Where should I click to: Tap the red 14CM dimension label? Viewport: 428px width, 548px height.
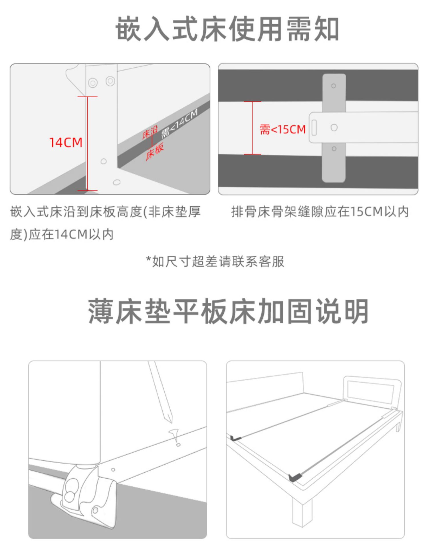tap(66, 142)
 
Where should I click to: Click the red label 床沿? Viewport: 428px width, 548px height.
tap(150, 133)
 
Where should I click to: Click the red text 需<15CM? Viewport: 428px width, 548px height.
tap(282, 130)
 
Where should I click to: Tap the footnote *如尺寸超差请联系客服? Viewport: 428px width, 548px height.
tap(215, 261)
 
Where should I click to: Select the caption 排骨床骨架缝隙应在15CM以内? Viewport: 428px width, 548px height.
tap(320, 212)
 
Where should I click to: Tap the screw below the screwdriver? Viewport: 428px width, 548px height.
tap(175, 435)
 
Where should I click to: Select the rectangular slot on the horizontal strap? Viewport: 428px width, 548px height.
tap(314, 128)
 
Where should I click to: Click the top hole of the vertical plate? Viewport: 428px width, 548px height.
tap(333, 86)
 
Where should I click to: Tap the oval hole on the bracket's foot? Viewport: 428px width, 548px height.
tap(116, 182)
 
